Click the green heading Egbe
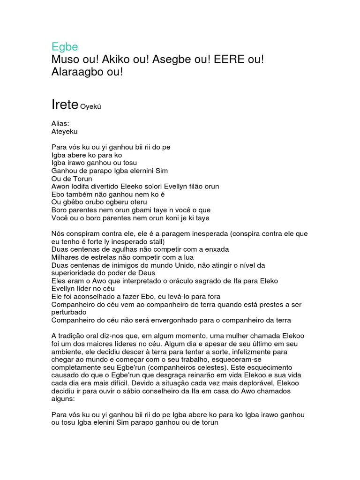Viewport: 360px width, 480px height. pyautogui.click(x=64, y=47)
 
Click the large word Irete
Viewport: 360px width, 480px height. pyautogui.click(x=64, y=105)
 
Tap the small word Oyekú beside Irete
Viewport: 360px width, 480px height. pyautogui.click(x=91, y=107)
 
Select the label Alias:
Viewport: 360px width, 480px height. pyautogui.click(x=60, y=124)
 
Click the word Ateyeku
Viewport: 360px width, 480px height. pyautogui.click(x=65, y=132)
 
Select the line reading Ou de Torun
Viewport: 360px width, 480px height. pyautogui.click(x=72, y=179)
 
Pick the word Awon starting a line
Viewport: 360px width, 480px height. pyautogui.click(x=60, y=187)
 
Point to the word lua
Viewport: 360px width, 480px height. pyautogui.click(x=187, y=257)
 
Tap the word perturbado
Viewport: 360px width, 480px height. pyautogui.click(x=69, y=312)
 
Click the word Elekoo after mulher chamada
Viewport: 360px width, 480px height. pyautogui.click(x=294, y=336)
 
